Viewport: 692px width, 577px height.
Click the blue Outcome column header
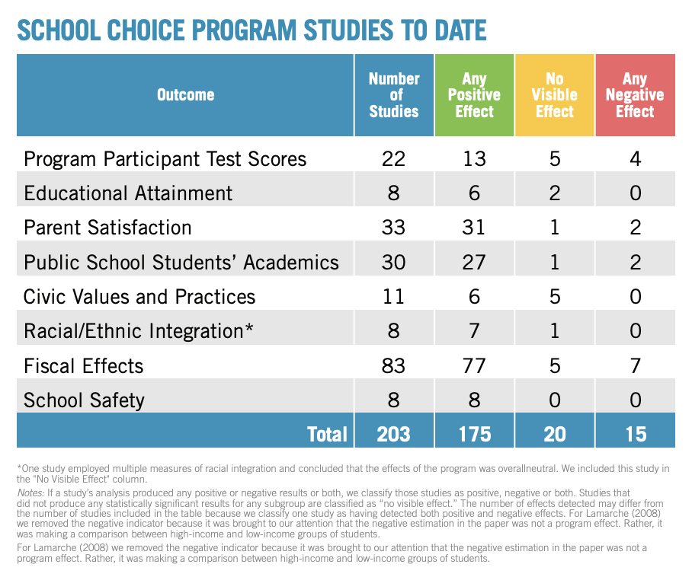coord(185,95)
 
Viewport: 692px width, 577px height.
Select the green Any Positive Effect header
coord(474,95)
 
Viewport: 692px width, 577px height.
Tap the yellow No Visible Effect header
coord(555,95)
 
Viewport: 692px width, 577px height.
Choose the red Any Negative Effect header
coord(635,95)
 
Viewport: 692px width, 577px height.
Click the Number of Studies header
coord(394,95)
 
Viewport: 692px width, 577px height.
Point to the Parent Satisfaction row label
coord(108,228)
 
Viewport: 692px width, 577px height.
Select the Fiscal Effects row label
coord(84,365)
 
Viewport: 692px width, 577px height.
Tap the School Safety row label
coord(85,400)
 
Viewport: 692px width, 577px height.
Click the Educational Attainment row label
coord(129,193)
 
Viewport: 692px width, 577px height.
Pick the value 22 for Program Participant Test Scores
coord(394,159)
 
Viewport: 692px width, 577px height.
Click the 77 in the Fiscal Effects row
coord(474,365)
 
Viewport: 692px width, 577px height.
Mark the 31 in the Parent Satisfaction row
coord(474,228)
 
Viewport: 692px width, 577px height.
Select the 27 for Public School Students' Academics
coord(474,262)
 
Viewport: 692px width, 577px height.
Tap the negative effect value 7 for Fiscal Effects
coord(635,365)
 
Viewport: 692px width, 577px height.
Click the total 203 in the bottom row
coord(394,434)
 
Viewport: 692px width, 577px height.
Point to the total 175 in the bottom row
coord(474,434)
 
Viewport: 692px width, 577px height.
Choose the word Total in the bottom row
coord(327,434)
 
